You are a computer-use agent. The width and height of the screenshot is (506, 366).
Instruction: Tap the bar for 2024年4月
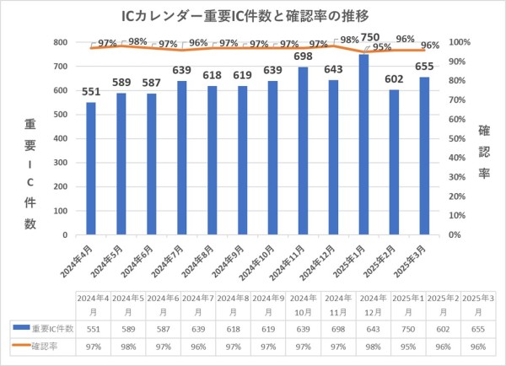[90, 168]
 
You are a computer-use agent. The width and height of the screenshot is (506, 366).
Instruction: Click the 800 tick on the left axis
[60, 42]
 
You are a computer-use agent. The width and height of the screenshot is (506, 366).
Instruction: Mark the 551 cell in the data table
[90, 327]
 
